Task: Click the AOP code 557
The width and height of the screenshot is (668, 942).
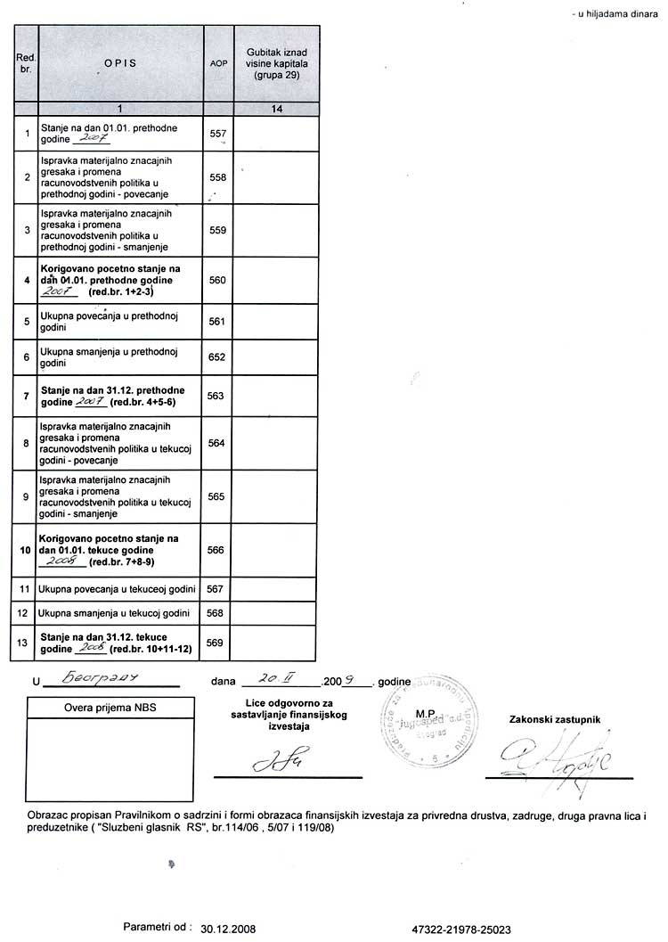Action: (217, 133)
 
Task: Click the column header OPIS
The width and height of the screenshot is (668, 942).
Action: (119, 64)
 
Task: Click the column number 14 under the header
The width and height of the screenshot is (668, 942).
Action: (277, 109)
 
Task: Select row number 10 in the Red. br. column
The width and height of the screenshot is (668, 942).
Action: (26, 550)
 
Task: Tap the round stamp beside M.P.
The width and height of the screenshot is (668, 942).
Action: (422, 729)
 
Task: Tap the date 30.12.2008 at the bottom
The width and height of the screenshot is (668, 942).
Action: (229, 928)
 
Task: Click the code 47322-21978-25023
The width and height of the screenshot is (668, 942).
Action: (462, 928)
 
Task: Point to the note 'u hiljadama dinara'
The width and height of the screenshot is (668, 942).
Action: (615, 15)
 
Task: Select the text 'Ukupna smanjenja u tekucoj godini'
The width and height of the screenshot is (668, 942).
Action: (113, 613)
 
